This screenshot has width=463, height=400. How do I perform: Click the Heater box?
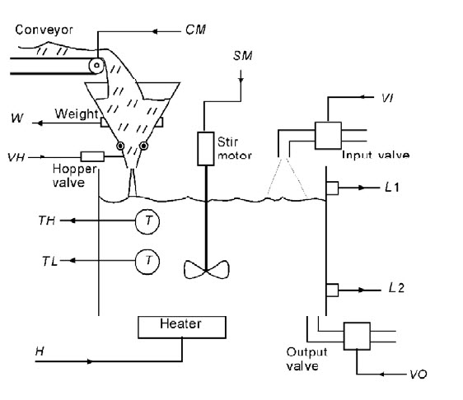182,327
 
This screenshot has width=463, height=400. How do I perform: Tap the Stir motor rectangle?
205,149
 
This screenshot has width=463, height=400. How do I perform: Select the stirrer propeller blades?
206,269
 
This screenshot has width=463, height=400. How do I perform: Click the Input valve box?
328,136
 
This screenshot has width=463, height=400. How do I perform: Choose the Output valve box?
357,336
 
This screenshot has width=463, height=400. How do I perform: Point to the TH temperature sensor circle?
147,221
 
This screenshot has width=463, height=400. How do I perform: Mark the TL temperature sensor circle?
147,262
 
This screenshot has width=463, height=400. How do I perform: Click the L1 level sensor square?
332,188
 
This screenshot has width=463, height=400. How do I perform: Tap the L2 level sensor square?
332,290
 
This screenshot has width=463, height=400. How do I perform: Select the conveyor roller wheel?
96,65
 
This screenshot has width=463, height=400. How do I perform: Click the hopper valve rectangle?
92,156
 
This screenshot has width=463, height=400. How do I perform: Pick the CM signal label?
195,30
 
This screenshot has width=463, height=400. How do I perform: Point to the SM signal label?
243,56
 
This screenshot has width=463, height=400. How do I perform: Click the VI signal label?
387,98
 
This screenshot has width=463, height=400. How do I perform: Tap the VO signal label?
419,374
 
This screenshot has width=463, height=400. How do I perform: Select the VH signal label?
16,157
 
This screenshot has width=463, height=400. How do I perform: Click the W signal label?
16,118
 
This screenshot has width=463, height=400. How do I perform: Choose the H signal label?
40,351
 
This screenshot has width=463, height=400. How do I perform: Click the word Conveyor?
44,30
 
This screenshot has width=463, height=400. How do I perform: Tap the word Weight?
77,114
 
